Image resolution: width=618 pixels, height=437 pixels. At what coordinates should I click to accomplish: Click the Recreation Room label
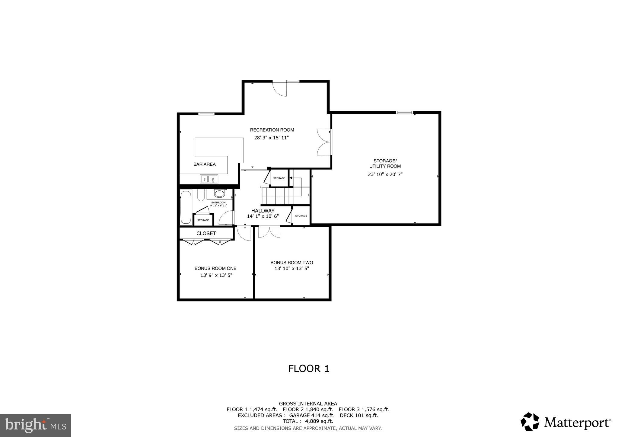272,130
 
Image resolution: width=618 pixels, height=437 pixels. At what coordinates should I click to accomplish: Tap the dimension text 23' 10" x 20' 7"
385,174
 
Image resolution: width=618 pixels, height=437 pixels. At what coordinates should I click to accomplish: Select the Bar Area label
204,164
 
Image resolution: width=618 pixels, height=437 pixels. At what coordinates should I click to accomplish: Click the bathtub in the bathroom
186,207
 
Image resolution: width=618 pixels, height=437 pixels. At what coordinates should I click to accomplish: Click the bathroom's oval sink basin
219,193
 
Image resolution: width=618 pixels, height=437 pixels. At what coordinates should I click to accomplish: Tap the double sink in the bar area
209,179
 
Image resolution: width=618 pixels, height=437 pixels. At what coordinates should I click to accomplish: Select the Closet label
206,233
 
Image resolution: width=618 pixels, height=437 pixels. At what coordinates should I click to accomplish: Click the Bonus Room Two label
291,263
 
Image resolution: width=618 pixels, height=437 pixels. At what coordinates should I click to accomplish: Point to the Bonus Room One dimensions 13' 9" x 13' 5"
216,275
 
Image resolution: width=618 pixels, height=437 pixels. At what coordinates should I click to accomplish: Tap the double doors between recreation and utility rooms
324,142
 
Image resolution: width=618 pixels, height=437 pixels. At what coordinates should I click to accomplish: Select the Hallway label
263,211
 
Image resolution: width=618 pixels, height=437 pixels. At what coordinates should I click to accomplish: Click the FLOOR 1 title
308,368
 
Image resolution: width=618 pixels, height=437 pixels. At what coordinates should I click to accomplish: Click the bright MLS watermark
35,425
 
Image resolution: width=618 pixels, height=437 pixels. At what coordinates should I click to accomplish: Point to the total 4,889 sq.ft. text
308,421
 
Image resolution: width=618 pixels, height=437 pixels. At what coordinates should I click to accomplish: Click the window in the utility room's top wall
404,113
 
